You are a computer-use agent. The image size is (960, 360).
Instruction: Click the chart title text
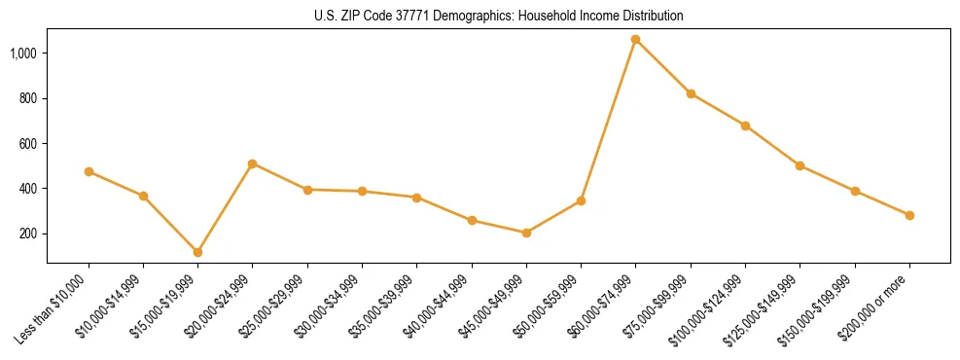(499, 17)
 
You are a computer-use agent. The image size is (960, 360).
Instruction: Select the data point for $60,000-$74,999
(636, 40)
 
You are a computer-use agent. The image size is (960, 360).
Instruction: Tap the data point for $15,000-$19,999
(197, 252)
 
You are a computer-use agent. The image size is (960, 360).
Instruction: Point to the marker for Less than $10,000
(89, 171)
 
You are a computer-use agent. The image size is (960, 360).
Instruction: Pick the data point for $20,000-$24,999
(253, 163)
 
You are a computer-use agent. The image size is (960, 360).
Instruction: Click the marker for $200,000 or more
(909, 215)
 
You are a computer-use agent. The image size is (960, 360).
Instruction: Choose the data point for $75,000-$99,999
(691, 93)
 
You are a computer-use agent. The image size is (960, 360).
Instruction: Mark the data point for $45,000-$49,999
(526, 233)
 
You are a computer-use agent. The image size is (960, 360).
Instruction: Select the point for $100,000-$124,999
(745, 126)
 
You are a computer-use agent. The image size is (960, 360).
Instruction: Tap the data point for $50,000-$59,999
(581, 200)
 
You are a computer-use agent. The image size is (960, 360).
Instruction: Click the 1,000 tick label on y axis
(24, 54)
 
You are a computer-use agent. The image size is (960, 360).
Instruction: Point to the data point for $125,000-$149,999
(800, 165)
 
